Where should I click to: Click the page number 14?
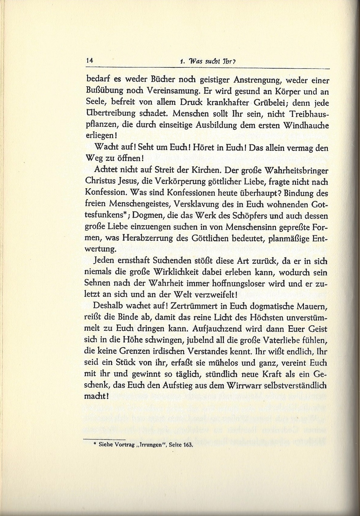point(89,60)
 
